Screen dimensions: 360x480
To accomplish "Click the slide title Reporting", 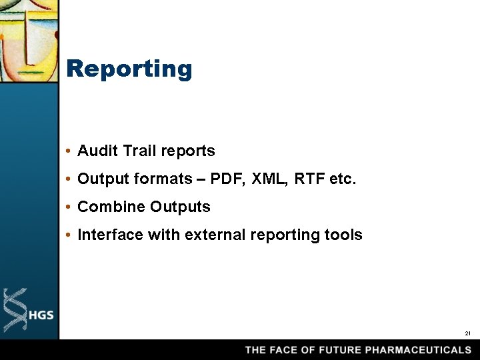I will (129, 69).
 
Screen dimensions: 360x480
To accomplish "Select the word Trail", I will (137, 151).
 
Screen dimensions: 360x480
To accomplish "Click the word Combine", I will (111, 207).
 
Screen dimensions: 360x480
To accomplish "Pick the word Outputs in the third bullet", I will (180, 207).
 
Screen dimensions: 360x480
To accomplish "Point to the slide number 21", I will (467, 333).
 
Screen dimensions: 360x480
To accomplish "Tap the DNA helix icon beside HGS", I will (15, 309).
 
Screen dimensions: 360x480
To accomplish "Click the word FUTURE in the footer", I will (339, 350).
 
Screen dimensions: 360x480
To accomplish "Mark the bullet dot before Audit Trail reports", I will (69, 151).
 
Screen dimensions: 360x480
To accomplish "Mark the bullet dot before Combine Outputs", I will (69, 207).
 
